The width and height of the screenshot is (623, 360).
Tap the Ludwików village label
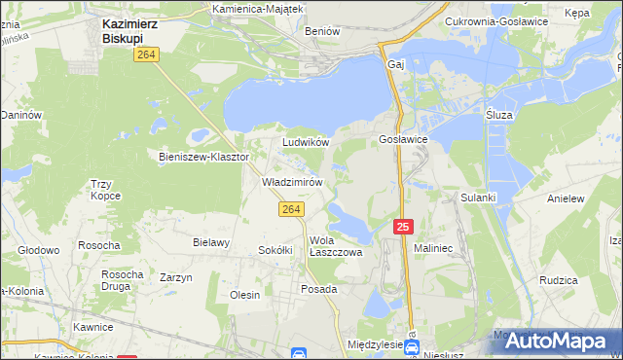306,142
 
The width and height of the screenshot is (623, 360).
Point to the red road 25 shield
404,226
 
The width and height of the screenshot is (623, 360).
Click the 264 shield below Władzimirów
290,209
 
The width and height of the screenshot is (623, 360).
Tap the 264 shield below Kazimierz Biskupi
147,56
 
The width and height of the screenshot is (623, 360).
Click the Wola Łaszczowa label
335,245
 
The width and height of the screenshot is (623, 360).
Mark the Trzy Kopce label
104,190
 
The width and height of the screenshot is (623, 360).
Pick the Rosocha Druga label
123,280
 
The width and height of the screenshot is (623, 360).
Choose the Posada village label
318,289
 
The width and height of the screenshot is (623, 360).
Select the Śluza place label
499,114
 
